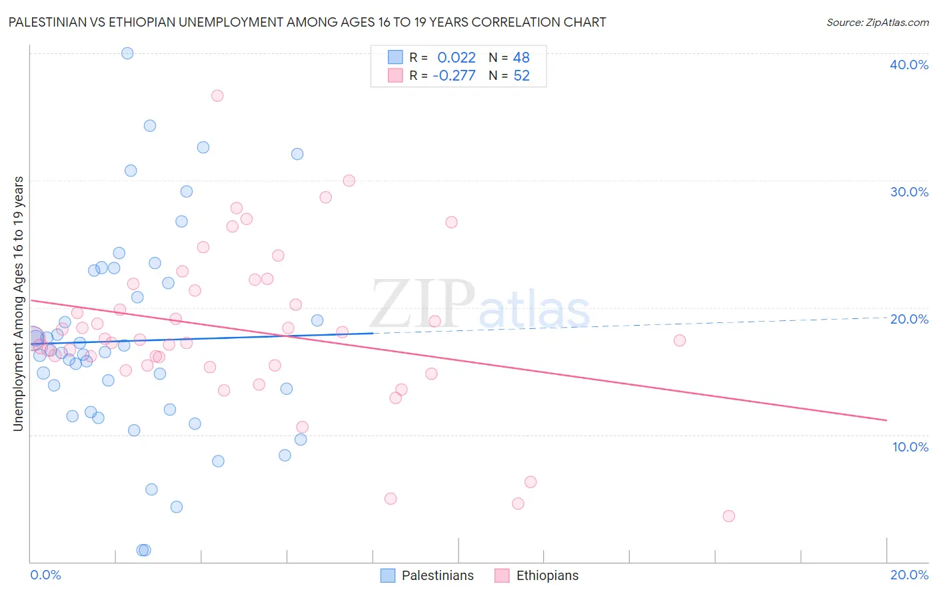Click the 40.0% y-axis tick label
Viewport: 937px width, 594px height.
pos(909,65)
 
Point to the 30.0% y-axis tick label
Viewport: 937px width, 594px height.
pos(909,192)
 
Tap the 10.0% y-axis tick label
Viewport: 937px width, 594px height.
pos(910,447)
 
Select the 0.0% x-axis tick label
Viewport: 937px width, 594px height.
pos(45,575)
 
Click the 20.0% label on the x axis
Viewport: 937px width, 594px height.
pos(909,575)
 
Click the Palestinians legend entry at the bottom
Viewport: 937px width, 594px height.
pos(427,575)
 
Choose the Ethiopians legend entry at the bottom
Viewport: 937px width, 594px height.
pos(536,575)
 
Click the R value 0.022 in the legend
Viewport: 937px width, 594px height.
pos(457,58)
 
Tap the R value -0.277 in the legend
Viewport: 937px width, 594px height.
pos(454,75)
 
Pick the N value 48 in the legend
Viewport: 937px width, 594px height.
pos(521,58)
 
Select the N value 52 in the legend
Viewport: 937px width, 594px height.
pos(521,75)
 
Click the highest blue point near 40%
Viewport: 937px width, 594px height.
pos(127,53)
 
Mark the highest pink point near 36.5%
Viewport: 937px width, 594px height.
pos(217,96)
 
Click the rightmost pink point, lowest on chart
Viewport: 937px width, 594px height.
pos(728,516)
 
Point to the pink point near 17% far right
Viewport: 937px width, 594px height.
pos(680,340)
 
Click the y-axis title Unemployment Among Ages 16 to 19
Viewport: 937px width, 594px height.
pos(19,304)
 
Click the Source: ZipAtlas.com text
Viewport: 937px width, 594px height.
pos(877,23)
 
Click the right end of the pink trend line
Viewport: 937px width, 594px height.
pos(886,420)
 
